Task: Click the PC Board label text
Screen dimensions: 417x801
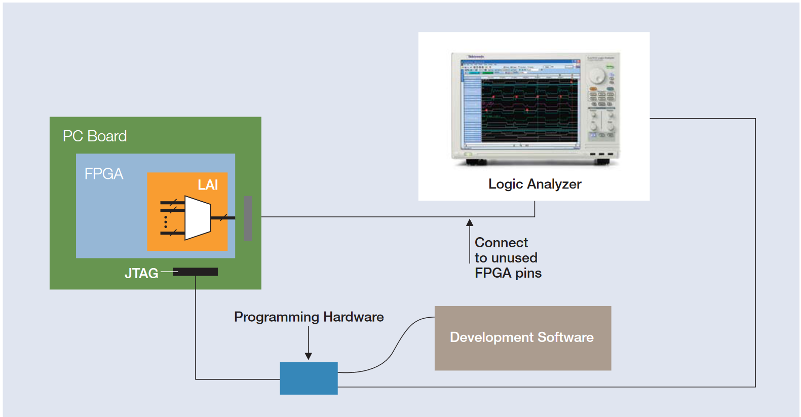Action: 95,136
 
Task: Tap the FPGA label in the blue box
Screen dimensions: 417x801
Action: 104,174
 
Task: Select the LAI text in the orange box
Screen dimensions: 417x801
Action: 208,185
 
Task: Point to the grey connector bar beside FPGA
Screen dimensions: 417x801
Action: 248,218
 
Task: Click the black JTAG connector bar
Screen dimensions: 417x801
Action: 196,272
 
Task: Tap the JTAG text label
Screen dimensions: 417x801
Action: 141,274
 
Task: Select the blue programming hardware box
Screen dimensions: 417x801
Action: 309,378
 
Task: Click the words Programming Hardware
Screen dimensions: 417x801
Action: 309,317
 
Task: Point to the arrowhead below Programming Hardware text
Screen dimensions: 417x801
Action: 309,356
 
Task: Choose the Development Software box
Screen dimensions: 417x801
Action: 522,338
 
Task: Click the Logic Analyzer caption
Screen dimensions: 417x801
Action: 535,184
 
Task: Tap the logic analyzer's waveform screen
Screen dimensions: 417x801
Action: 529,110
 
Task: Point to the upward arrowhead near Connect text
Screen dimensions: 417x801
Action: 470,222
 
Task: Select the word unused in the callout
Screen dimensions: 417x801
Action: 514,258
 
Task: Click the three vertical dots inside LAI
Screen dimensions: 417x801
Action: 166,222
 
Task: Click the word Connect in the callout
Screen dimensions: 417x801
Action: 501,243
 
